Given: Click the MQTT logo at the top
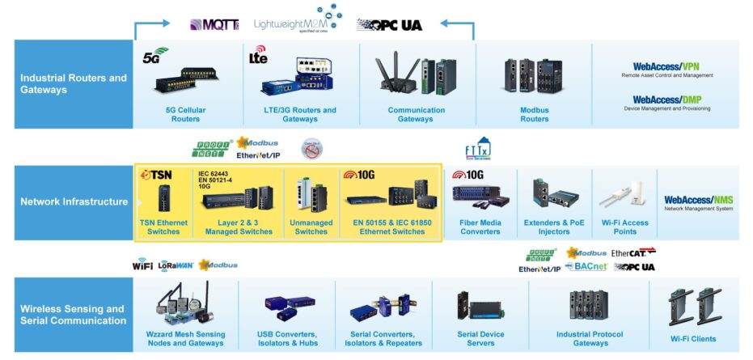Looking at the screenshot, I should [214, 24].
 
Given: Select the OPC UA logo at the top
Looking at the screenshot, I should [389, 25].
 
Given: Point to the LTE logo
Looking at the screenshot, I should [258, 58].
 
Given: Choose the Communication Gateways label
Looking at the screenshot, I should [416, 114].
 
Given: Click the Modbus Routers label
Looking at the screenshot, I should [534, 114].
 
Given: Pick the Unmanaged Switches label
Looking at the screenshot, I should [311, 227].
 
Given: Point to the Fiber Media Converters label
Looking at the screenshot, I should [480, 227].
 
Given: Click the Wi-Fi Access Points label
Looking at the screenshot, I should [624, 227].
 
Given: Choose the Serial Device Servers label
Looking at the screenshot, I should [480, 338].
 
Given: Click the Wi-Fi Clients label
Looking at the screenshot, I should [692, 338].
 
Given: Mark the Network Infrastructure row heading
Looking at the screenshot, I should [74, 201].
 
